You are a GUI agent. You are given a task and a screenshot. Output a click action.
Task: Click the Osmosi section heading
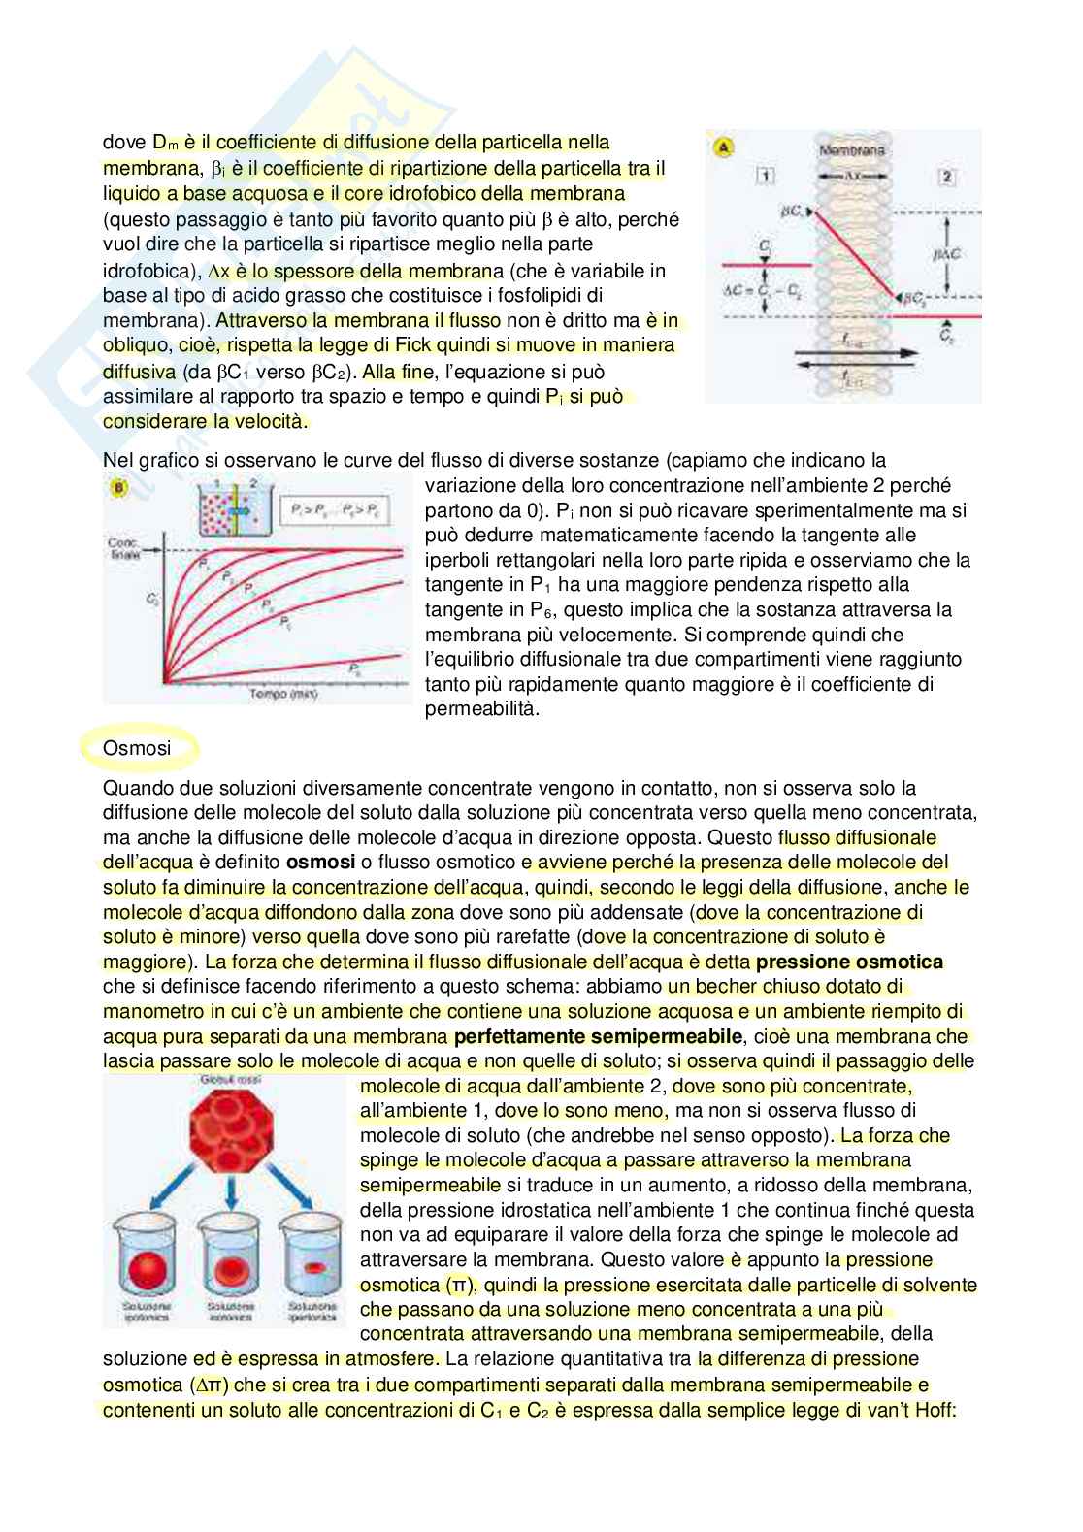click(137, 748)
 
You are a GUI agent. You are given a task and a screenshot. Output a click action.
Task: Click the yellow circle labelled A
click(723, 147)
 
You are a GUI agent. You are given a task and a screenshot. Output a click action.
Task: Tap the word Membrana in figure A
click(852, 150)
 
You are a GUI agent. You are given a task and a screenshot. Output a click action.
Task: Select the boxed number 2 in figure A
click(947, 176)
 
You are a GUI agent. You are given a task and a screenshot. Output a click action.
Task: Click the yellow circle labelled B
click(119, 488)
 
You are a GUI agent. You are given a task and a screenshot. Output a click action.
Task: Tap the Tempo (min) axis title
click(282, 695)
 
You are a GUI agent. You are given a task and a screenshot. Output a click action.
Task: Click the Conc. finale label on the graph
click(122, 548)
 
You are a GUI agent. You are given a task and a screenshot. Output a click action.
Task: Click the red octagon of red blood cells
click(226, 1128)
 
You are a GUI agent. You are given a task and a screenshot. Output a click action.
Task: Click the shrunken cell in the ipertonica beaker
click(312, 1267)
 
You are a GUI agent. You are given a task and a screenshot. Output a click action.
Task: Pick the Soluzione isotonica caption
click(229, 1312)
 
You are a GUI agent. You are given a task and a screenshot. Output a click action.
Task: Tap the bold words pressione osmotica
click(849, 962)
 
